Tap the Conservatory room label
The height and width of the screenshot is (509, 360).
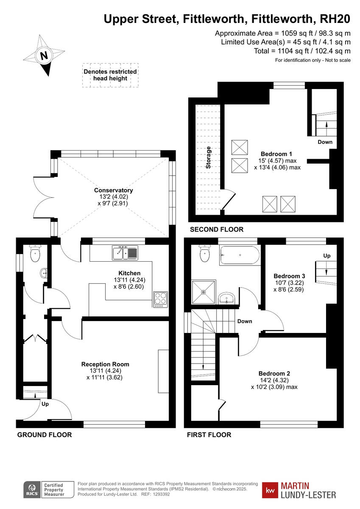113,190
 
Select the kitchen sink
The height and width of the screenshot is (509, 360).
125,253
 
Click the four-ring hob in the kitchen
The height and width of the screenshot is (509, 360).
160,298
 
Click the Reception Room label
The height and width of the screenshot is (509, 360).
105,364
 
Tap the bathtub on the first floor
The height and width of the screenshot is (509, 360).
239,256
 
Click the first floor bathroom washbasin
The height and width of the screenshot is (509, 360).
228,298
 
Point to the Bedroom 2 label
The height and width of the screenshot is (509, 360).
274,373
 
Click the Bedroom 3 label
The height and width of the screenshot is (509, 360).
289,276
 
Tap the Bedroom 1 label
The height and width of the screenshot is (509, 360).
276,154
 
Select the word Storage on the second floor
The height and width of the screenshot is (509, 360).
208,158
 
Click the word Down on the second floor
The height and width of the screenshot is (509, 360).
325,142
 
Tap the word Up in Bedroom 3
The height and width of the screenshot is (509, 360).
327,256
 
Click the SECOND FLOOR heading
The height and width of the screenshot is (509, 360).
216,229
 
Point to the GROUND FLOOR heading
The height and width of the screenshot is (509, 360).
44,435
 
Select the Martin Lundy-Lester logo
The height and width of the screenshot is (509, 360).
299,490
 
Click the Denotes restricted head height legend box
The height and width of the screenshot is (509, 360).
110,75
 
